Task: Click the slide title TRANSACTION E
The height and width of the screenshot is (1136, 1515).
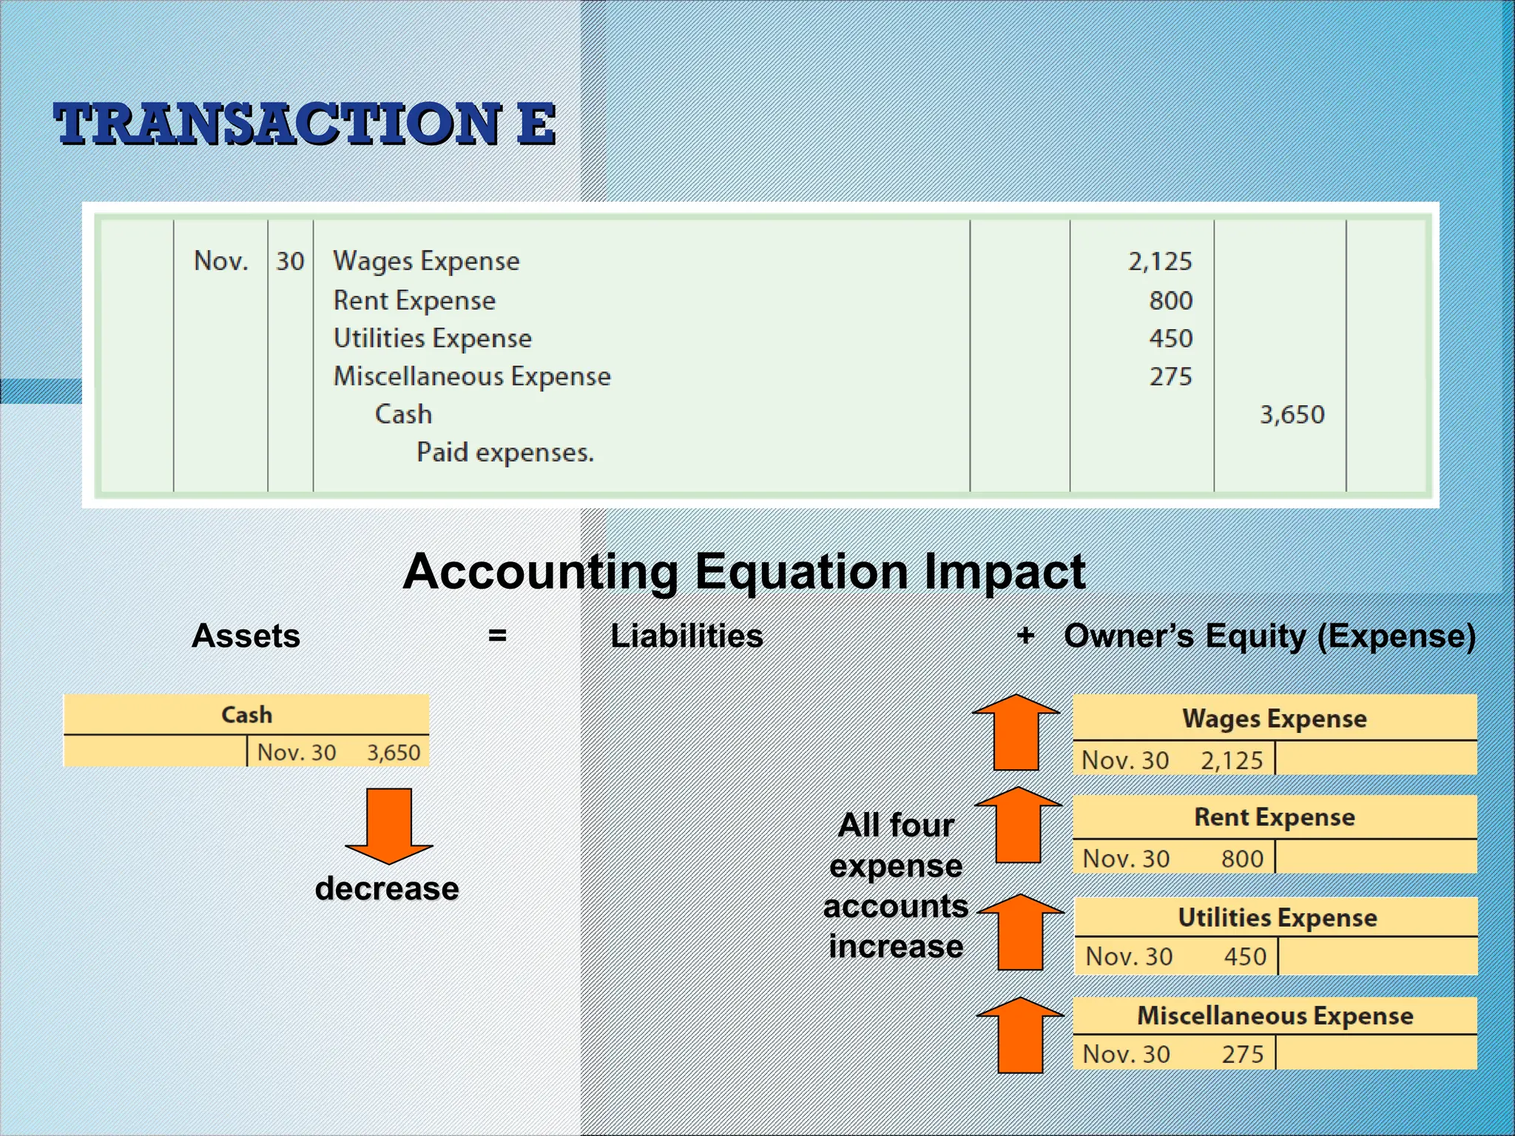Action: click(x=305, y=124)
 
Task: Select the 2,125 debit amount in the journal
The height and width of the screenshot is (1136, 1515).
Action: click(x=1159, y=261)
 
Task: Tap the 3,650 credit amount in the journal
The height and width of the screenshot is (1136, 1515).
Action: click(x=1292, y=414)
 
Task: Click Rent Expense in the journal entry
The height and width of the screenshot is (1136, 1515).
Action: click(x=414, y=300)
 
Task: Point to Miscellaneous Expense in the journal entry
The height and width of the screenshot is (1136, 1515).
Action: click(x=472, y=376)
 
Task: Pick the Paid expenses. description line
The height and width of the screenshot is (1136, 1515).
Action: click(x=505, y=452)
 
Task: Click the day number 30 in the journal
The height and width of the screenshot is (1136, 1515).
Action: click(x=290, y=261)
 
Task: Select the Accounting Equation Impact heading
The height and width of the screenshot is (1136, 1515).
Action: click(x=743, y=571)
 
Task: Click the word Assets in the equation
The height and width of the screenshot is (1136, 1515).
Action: click(x=246, y=636)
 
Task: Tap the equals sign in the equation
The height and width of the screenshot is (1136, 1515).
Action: click(x=497, y=635)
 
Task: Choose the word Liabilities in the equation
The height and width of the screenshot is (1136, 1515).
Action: click(x=686, y=636)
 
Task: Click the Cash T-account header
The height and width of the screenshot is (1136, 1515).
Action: click(x=246, y=714)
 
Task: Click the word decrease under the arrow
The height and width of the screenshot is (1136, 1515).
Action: click(x=387, y=888)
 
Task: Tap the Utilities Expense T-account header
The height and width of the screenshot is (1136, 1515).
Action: click(x=1277, y=917)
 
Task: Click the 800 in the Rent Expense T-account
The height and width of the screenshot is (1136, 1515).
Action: click(x=1242, y=859)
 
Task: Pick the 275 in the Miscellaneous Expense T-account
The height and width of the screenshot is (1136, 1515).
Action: click(x=1242, y=1054)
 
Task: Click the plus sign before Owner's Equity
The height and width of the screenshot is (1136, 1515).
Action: click(x=1025, y=635)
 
